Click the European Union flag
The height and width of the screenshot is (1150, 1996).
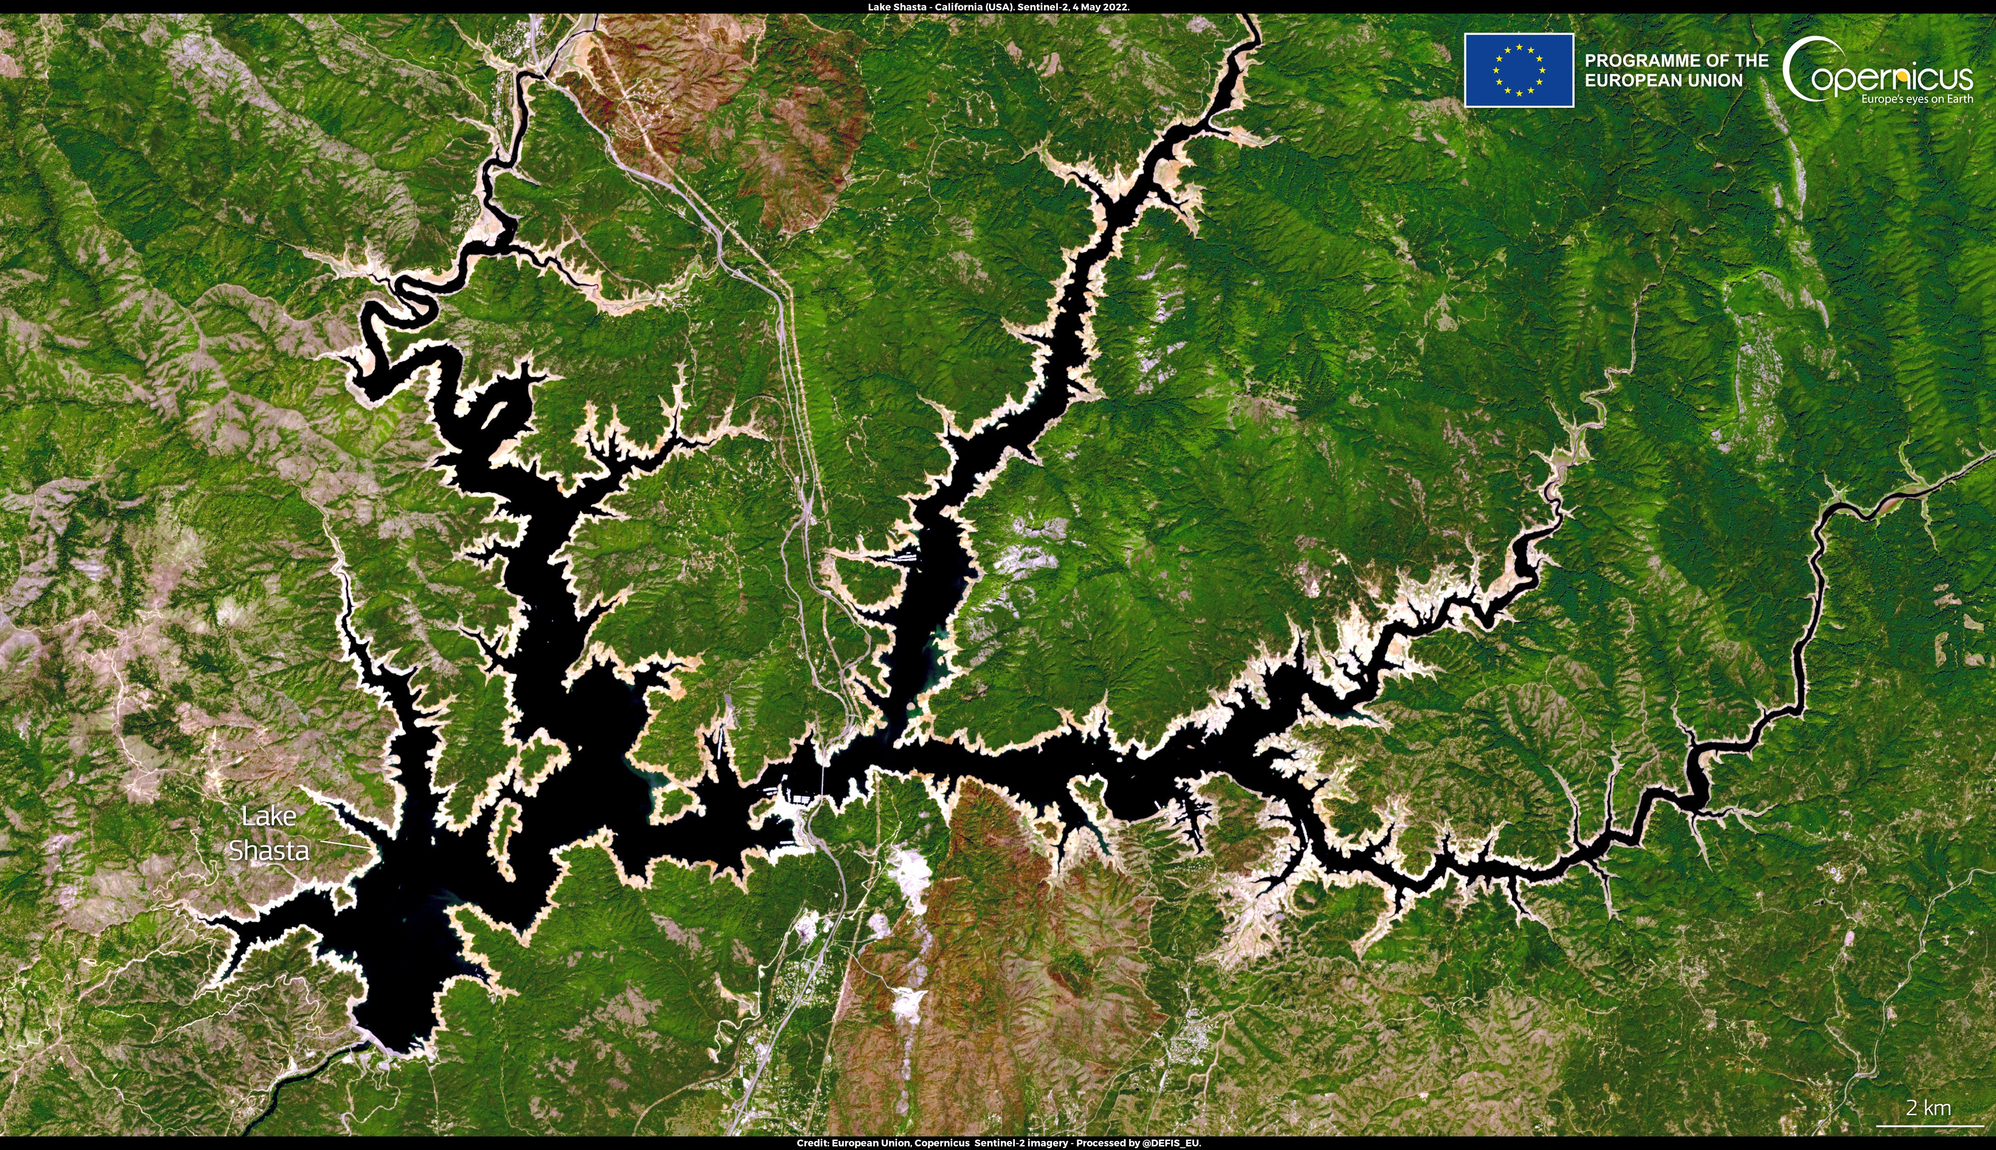coord(1518,70)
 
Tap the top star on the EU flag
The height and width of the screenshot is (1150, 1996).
coord(1519,48)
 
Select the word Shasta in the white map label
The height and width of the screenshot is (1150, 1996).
coord(269,851)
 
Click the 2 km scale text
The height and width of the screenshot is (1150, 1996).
coord(1928,1108)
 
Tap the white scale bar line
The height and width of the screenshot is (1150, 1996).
coord(1929,1126)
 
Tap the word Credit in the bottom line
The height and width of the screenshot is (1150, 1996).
coord(812,1143)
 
